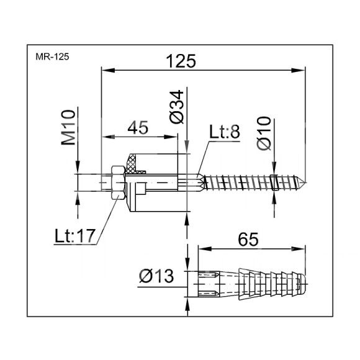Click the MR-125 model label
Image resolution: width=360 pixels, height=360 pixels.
click(x=52, y=56)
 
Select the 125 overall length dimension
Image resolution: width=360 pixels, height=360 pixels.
click(x=181, y=61)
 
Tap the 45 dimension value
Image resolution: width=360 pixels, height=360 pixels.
click(x=138, y=128)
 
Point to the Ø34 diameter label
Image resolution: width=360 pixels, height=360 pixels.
click(x=177, y=107)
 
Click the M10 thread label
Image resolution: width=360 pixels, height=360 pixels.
click(x=68, y=127)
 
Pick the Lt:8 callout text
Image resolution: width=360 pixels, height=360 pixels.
click(x=225, y=132)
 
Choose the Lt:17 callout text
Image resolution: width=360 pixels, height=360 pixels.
click(x=74, y=236)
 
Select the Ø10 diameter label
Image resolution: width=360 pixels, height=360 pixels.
click(x=264, y=133)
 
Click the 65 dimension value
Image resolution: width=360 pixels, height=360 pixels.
click(x=248, y=240)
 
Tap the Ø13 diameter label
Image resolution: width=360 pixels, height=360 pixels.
click(x=156, y=276)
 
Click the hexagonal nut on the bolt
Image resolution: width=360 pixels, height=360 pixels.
click(x=118, y=182)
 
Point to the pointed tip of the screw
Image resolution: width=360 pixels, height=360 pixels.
click(x=305, y=182)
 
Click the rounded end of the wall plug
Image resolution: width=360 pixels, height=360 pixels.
click(x=302, y=284)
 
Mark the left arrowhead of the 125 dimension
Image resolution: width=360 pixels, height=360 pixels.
click(x=108, y=71)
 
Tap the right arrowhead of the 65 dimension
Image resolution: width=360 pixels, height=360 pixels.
click(x=298, y=249)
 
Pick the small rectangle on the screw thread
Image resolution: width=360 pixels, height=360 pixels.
click(x=274, y=182)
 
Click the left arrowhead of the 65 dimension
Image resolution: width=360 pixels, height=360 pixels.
click(x=205, y=249)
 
